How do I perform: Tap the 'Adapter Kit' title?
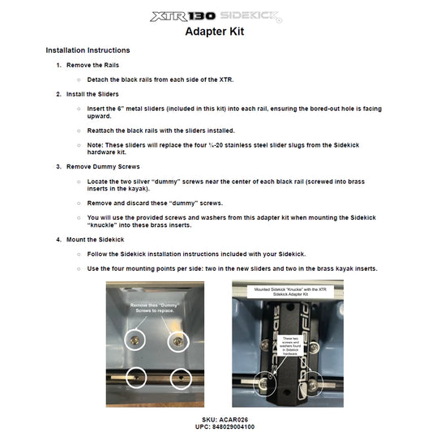215,32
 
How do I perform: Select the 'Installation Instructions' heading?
88,50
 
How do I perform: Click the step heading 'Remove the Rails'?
92,65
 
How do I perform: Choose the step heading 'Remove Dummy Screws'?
100,166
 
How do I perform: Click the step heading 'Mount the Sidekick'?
95,240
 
